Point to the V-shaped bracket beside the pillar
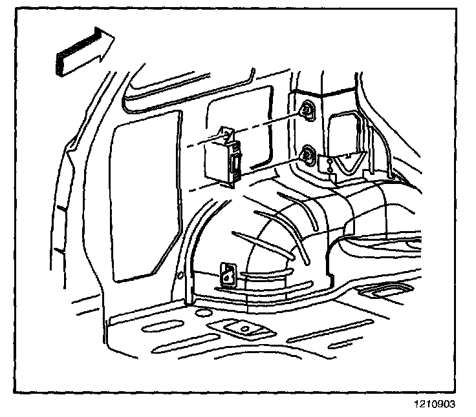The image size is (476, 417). pyautogui.click(x=350, y=162)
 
